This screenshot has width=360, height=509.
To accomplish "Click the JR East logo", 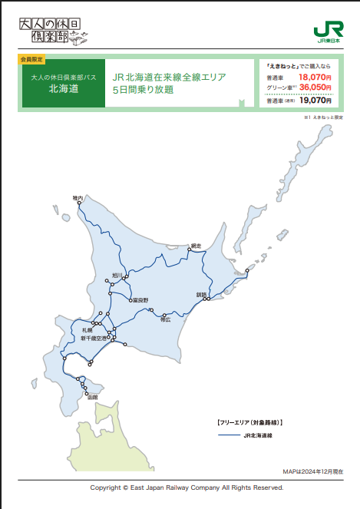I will coord(328,31).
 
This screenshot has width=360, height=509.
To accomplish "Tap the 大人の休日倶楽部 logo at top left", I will coord(48,31).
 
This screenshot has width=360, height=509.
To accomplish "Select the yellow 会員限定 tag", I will coord(31,58).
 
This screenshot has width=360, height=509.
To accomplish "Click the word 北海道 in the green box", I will coord(63,88).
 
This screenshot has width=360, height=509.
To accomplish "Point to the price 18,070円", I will coord(315,78).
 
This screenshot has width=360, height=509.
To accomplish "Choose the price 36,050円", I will coord(315,88).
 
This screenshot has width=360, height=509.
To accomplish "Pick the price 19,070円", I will coord(315,100).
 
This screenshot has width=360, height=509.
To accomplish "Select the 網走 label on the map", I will coord(195,246).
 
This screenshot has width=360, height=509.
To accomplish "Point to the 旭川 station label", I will coord(117,275).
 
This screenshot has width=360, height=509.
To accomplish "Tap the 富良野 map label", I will coord(140,300).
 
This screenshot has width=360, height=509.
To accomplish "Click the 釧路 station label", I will coord(202,295).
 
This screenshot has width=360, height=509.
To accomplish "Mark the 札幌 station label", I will coord(88,329).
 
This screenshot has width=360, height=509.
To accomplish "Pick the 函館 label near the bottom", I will coord(93,397).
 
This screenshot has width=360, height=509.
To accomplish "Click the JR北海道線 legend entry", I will coord(258,435).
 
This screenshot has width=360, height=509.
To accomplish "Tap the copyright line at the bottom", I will coord(187,488).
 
